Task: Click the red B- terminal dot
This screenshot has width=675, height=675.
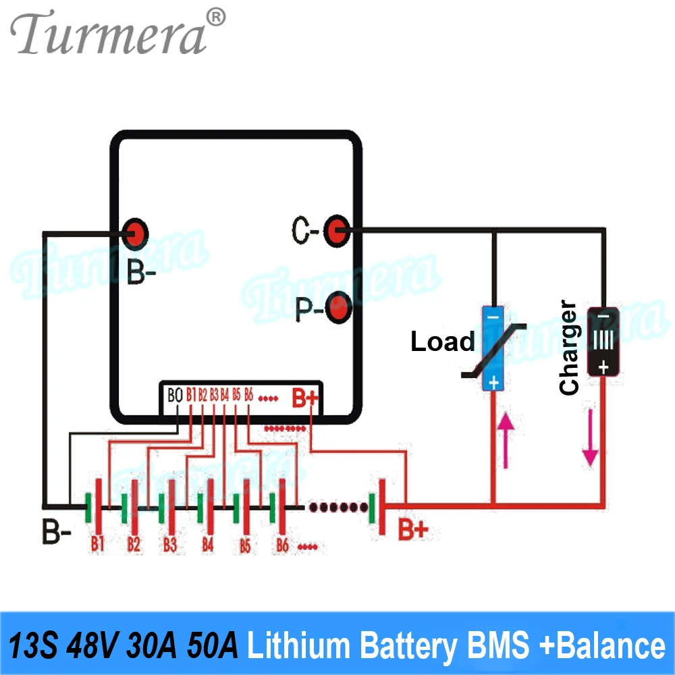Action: pyautogui.click(x=136, y=233)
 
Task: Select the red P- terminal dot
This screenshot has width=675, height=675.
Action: pyautogui.click(x=338, y=308)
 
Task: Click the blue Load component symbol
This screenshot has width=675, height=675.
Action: pyautogui.click(x=493, y=348)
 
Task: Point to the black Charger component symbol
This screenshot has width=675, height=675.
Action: pyautogui.click(x=602, y=342)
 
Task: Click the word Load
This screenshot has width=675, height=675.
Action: pyautogui.click(x=443, y=342)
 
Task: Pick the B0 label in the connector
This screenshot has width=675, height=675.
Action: pyautogui.click(x=174, y=395)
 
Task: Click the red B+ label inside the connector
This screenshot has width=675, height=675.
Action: pyautogui.click(x=304, y=397)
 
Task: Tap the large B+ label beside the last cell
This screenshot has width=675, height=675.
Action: pyautogui.click(x=412, y=529)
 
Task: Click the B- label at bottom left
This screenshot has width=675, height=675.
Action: pyautogui.click(x=57, y=533)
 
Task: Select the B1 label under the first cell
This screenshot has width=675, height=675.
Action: pyautogui.click(x=98, y=543)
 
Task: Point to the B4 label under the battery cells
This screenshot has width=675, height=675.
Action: pyautogui.click(x=207, y=544)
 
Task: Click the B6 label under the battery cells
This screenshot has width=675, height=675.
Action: pyautogui.click(x=282, y=545)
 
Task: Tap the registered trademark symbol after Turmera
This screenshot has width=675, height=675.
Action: pyautogui.click(x=215, y=16)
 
